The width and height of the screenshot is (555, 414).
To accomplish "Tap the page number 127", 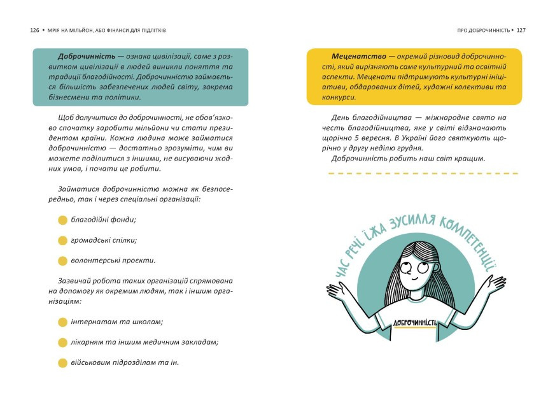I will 521,30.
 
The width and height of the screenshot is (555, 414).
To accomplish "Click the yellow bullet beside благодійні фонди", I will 62,220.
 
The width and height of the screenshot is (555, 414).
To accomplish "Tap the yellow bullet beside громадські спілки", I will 62,241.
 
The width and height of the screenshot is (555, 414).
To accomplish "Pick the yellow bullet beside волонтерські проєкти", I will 62,261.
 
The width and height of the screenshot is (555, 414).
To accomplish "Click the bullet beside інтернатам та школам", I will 62,322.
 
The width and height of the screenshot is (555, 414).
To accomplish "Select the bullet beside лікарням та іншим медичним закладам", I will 62,343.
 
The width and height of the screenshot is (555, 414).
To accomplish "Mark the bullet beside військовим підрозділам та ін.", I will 62,363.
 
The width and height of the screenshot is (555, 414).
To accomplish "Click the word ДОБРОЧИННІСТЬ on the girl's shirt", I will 414,322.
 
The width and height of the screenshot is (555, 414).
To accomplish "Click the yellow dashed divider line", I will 423,173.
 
